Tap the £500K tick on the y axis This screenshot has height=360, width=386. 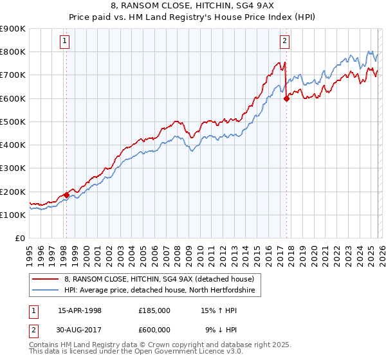coord(13,122)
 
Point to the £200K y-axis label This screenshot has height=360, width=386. coord(13,192)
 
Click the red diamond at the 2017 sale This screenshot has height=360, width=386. coord(287,98)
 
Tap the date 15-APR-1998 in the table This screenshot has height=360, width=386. coord(80,310)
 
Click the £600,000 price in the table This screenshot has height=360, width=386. coord(154,330)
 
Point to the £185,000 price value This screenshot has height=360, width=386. coord(154,310)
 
